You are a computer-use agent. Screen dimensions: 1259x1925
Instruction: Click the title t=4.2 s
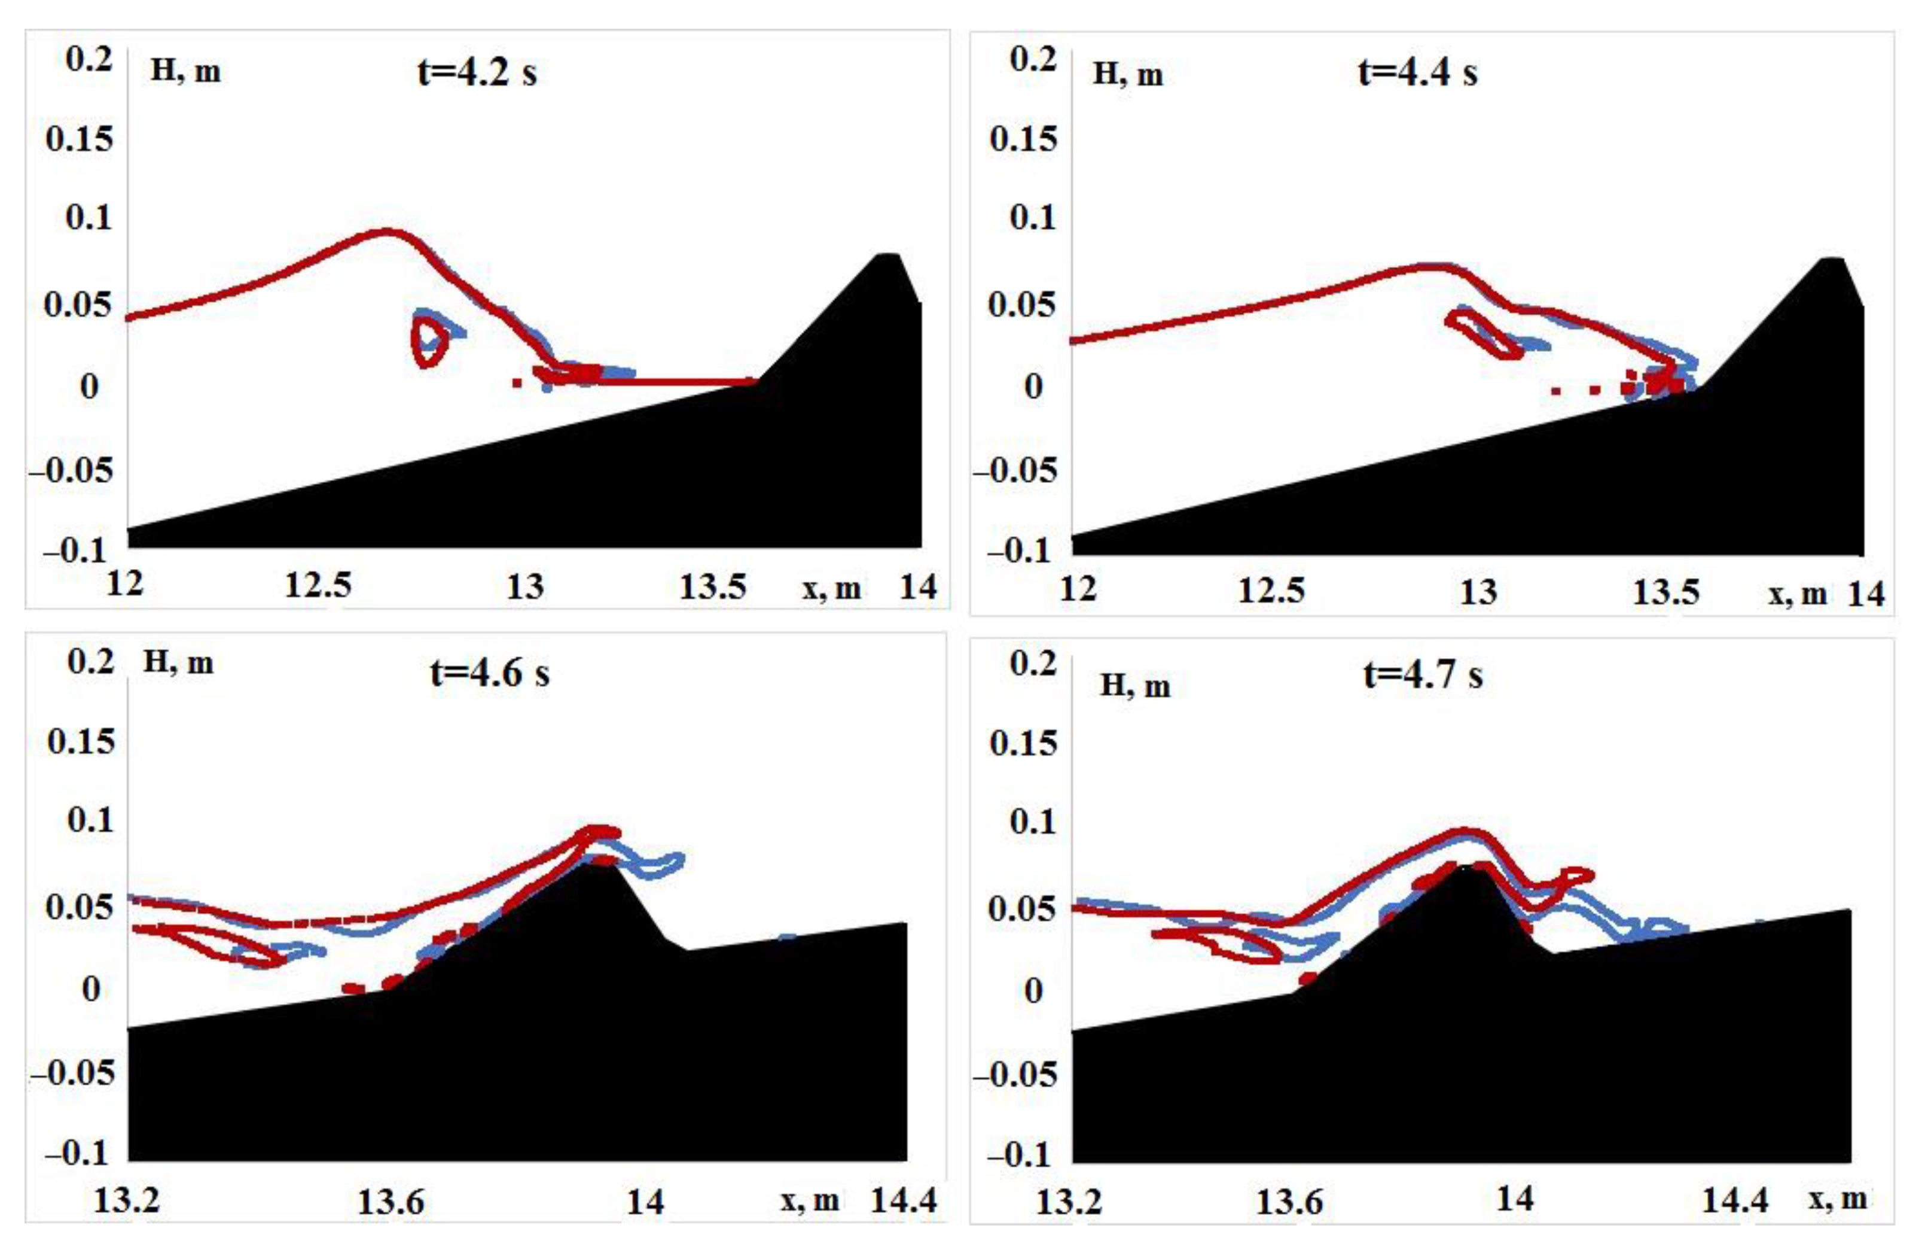click(x=477, y=74)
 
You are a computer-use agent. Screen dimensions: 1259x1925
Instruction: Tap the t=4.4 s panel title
click(x=1417, y=74)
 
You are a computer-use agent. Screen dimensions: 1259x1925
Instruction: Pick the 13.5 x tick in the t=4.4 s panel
click(x=1666, y=593)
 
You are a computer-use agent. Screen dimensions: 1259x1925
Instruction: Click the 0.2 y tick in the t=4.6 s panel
click(x=90, y=662)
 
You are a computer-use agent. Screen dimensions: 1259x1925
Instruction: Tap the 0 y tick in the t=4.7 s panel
click(x=1033, y=990)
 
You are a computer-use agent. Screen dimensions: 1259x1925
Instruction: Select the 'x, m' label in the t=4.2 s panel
click(x=831, y=588)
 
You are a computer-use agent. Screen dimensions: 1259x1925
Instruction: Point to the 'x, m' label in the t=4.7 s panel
click(x=1838, y=1199)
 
